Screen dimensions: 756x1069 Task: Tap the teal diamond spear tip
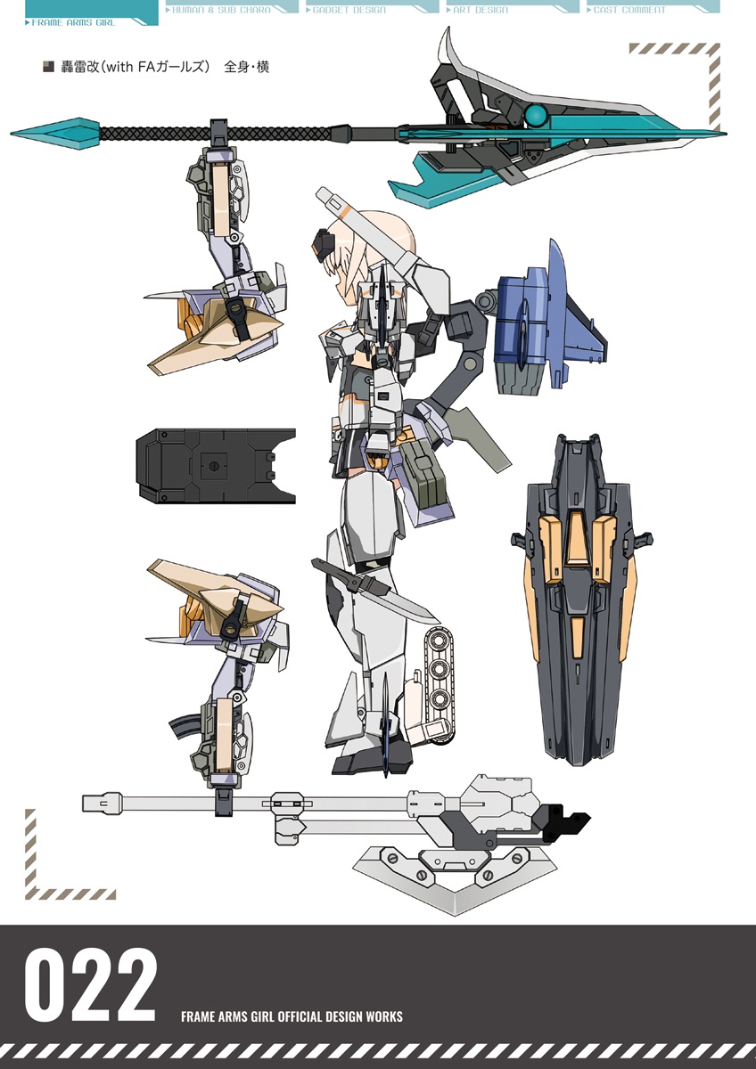point(55,133)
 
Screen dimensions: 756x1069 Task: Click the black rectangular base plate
point(216,465)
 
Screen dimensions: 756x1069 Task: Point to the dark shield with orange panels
point(581,600)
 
